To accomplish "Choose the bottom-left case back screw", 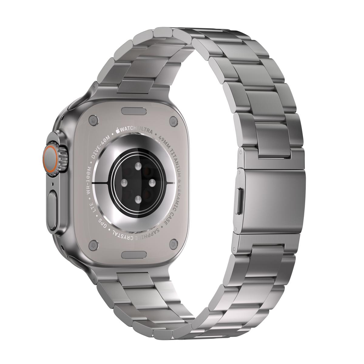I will [93, 244].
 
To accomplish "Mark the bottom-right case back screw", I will [173, 243].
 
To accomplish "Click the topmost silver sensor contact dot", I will [138, 166].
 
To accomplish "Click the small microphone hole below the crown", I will [52, 184].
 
